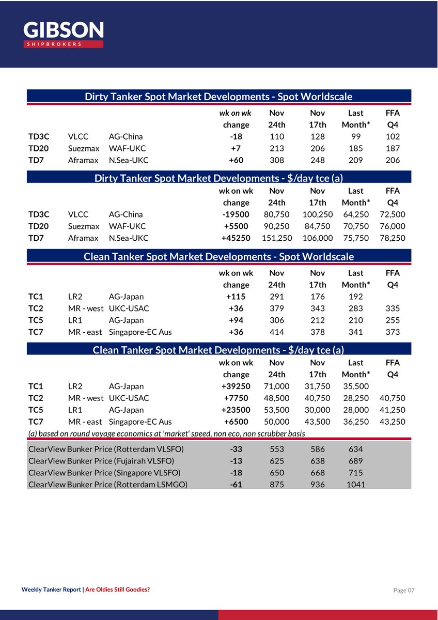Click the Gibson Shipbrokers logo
pos(64,34)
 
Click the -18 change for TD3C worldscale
pos(236,137)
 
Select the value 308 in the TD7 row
pos(277,161)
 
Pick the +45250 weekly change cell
pos(236,238)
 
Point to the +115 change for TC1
pos(236,297)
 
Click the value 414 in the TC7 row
pos(277,332)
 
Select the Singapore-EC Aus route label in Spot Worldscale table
pos(140,332)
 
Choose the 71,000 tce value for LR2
pos(277,386)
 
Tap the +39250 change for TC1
pos(236,386)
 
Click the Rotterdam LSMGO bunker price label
pos(108,485)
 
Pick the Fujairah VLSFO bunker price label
pos(101,461)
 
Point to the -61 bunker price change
pos(236,485)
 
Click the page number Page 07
pos(404,590)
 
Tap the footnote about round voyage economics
pos(166,433)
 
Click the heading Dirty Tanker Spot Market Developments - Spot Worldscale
pos(218,97)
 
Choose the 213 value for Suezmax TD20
pos(277,149)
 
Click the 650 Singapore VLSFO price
pos(277,473)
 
